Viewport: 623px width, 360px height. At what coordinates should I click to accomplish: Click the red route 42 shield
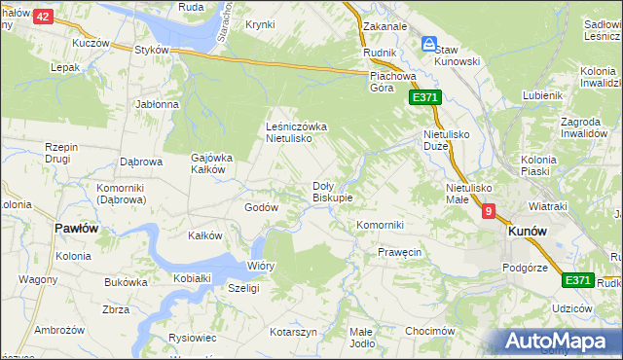point(42,17)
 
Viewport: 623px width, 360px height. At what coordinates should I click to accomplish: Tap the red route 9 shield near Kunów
point(488,210)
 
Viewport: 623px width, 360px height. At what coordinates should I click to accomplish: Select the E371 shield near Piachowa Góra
point(425,97)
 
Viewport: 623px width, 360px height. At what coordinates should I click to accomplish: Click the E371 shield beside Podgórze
point(578,280)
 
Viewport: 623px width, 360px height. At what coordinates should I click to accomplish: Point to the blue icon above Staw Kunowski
point(428,44)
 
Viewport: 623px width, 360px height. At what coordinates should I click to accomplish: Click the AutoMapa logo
point(559,341)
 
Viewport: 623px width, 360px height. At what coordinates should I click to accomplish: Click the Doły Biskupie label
point(331,191)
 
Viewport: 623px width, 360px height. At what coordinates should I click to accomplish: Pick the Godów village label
point(262,207)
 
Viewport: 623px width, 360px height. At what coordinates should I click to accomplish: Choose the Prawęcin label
point(399,253)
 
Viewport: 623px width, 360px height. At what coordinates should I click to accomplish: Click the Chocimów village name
point(430,331)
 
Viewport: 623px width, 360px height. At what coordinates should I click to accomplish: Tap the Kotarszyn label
point(294,332)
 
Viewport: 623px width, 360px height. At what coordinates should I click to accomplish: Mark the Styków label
point(152,50)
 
